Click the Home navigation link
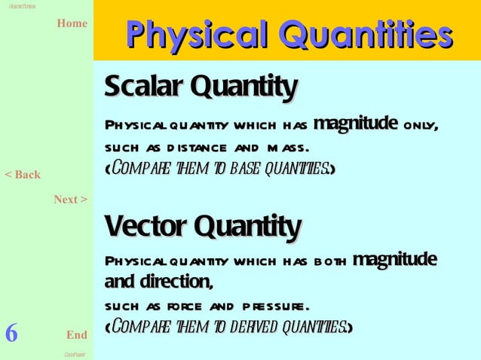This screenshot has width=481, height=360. click(72, 23)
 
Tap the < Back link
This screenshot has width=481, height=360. click(23, 175)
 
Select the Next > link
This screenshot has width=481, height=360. click(70, 200)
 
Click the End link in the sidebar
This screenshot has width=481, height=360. click(76, 334)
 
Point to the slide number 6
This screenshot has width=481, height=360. click(11, 333)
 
